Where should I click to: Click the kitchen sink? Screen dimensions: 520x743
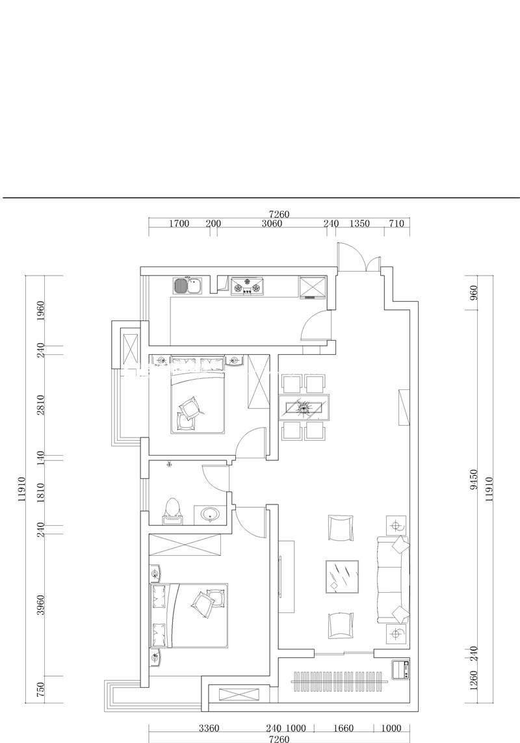(x=187, y=285)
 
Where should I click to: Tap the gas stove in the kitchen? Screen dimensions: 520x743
(x=246, y=286)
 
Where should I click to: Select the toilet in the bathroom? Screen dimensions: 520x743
(x=172, y=512)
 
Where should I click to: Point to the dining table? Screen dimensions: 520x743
(x=304, y=407)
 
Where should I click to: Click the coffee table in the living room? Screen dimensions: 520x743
(x=342, y=576)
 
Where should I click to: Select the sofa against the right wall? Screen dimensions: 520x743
(x=393, y=579)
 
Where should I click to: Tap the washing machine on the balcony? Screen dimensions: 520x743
(x=400, y=670)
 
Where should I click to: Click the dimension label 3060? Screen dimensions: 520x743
(x=272, y=224)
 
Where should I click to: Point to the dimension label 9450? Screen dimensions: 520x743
(x=474, y=480)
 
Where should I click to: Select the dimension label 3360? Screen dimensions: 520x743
(x=209, y=728)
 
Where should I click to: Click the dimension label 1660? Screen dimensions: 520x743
(x=343, y=728)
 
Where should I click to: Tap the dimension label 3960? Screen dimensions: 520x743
(x=41, y=605)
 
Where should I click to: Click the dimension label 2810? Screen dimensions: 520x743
(x=41, y=405)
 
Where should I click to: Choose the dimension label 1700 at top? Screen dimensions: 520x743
(x=179, y=224)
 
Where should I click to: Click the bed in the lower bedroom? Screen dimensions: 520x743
(x=189, y=616)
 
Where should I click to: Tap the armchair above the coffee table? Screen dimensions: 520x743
(x=341, y=528)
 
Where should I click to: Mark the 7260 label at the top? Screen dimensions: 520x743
(x=279, y=214)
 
